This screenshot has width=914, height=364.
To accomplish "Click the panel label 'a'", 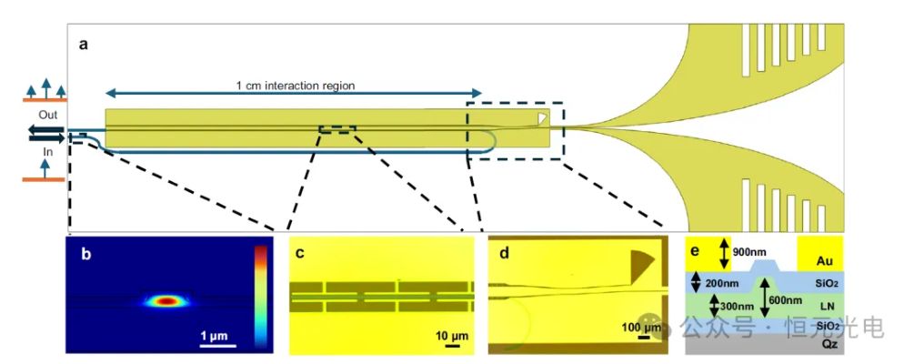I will click(x=83, y=44).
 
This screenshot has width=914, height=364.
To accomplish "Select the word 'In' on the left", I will click(x=47, y=153).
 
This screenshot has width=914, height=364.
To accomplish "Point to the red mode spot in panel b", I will click(x=166, y=299).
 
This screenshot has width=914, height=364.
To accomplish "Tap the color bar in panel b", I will click(x=261, y=297).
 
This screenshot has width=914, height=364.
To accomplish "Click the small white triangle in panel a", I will click(x=543, y=117).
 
